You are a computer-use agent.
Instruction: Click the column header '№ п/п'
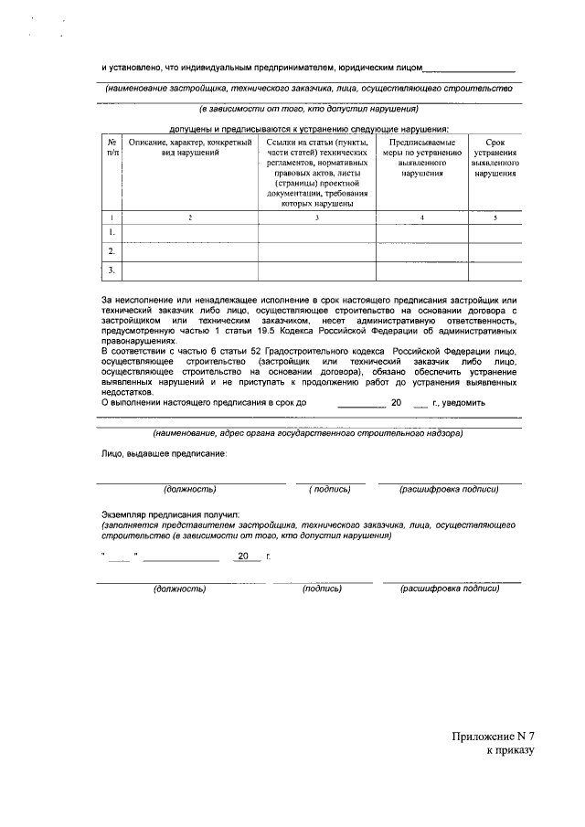[x=112, y=147]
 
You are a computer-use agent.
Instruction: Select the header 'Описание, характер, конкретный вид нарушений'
[x=190, y=147]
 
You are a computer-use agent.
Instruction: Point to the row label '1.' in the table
[x=112, y=232]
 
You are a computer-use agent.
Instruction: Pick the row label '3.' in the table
[x=112, y=270]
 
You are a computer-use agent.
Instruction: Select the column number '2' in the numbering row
[x=190, y=217]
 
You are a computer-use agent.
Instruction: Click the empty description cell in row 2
[x=190, y=251]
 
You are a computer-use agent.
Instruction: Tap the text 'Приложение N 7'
[x=492, y=737]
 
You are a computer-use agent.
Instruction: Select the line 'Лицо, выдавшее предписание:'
[x=165, y=453]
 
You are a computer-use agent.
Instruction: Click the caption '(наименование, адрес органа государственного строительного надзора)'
[x=308, y=431]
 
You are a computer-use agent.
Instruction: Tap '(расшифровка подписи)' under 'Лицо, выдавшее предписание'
[x=449, y=489]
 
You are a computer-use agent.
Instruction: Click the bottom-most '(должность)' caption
[x=179, y=588]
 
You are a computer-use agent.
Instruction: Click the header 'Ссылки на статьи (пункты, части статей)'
[x=317, y=147]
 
